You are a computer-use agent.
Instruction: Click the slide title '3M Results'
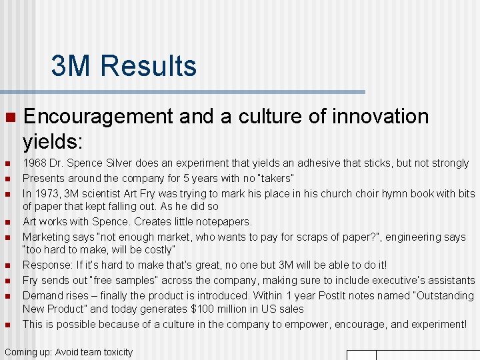pos(124,67)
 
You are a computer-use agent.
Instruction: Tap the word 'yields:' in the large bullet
pos(53,141)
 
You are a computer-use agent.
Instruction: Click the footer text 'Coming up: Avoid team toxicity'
pos(69,352)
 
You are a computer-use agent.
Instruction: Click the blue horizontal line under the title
pos(183,92)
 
